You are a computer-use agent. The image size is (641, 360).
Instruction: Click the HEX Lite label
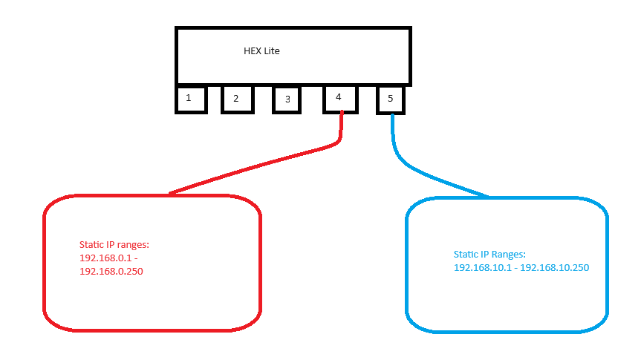[261, 51]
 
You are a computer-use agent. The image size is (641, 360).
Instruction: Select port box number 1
[191, 99]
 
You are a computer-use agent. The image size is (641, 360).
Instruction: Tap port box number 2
[238, 99]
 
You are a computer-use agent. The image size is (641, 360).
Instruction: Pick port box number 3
[287, 99]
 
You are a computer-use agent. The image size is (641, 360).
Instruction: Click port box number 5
[391, 99]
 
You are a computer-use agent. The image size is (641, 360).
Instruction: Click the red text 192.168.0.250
[111, 272]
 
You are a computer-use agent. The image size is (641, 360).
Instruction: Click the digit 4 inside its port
[339, 97]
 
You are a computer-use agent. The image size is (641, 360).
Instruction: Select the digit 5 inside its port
[391, 99]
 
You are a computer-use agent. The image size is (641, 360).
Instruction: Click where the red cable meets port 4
[342, 113]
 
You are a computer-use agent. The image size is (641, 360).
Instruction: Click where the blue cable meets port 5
[391, 115]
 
